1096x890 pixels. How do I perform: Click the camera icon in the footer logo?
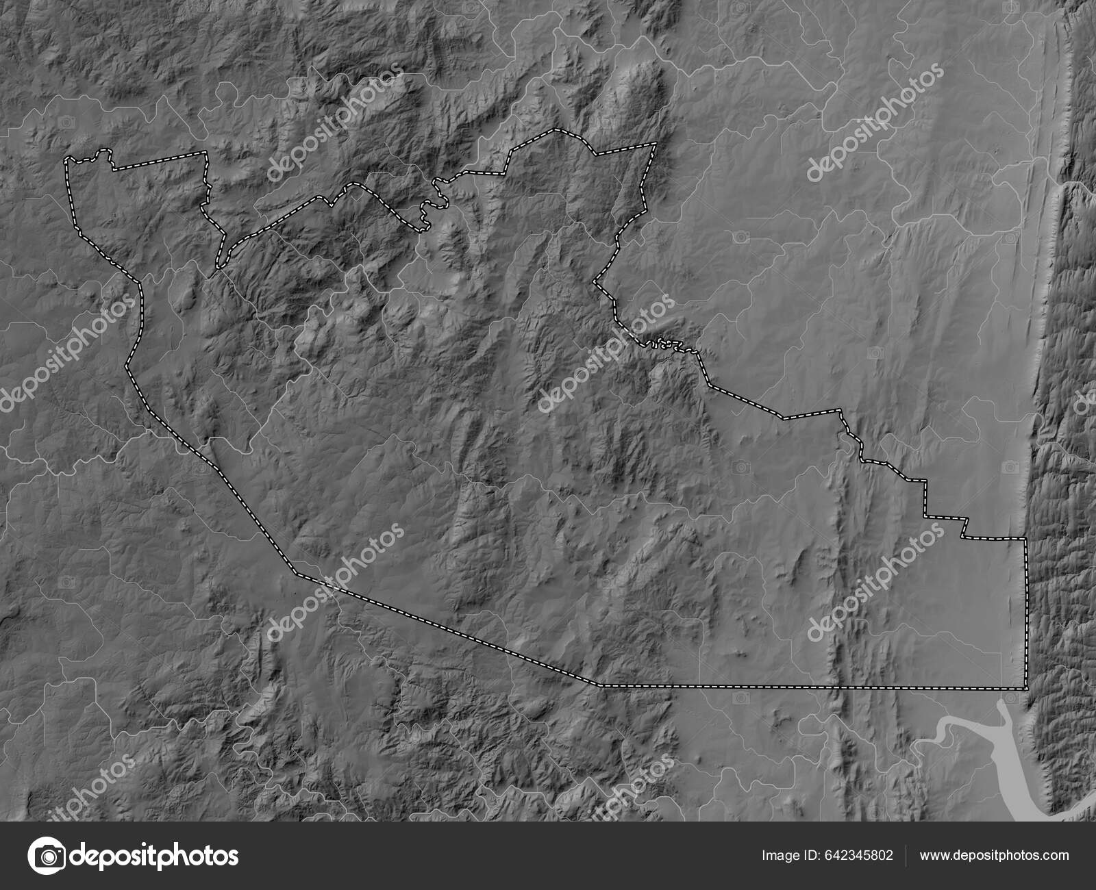click(47, 856)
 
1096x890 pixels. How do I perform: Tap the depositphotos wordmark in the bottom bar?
click(155, 856)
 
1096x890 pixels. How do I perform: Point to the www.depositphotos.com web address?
click(994, 855)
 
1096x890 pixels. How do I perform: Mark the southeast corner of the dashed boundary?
click(1026, 688)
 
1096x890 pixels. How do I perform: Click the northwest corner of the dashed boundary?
click(67, 160)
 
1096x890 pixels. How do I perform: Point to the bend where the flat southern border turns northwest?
click(599, 684)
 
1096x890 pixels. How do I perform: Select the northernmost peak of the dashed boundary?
click(556, 129)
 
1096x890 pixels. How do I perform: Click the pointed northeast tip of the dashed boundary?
click(656, 143)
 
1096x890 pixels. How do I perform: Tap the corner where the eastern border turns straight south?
click(1025, 539)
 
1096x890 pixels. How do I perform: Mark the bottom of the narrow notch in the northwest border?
click(220, 265)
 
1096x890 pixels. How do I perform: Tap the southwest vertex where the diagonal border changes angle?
click(296, 572)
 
